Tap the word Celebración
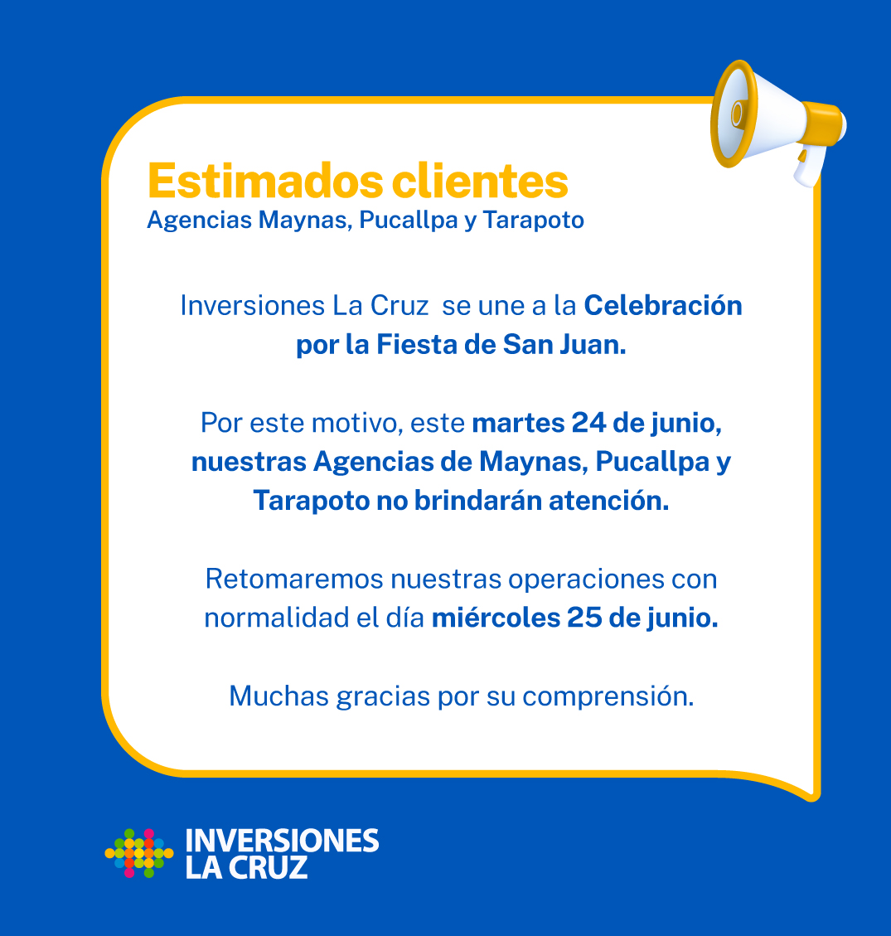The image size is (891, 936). click(x=663, y=306)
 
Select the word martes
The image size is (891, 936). click(x=518, y=423)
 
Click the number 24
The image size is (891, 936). click(x=588, y=423)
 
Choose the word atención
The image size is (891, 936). click(x=608, y=501)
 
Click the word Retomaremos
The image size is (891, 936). click(x=294, y=579)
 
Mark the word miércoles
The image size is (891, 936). click(x=496, y=618)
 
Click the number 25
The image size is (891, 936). click(x=584, y=618)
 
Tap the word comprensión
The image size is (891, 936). click(x=608, y=696)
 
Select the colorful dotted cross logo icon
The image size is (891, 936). click(x=139, y=853)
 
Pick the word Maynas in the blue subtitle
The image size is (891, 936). click(x=305, y=221)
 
